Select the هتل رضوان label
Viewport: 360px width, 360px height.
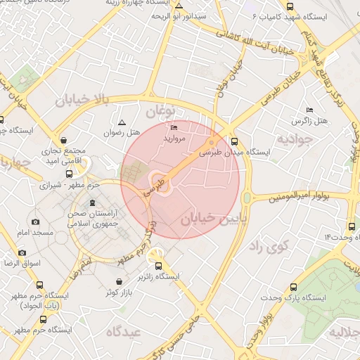pos(122,132)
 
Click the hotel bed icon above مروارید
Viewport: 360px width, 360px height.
pos(174,128)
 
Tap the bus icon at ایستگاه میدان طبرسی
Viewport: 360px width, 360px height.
pos(234,141)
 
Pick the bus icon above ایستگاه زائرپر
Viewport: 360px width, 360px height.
pos(158,266)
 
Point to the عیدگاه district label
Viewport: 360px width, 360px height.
pos(124,330)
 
